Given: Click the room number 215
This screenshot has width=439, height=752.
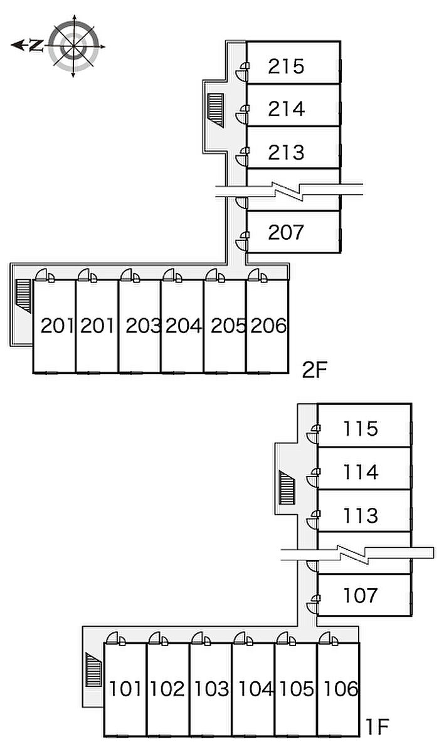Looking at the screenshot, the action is coord(286,66).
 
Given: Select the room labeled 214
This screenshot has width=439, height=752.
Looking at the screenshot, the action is coord(287,109).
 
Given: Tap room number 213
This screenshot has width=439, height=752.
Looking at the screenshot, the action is coord(286,152).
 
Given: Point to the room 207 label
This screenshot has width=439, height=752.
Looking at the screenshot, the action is coord(286,232).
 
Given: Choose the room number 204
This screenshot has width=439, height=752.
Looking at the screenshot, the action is coord(184,326).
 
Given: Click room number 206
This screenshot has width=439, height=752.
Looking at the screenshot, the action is coord(268,326).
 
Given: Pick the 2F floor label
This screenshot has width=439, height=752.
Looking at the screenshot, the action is coord(315,370).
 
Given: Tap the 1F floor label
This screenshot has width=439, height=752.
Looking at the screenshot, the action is coord(377,726).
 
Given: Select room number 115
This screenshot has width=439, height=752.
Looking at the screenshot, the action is coord(361,429).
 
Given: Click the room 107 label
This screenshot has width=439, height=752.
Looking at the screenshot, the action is coord(361,595).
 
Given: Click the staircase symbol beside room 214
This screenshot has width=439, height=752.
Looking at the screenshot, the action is coord(216,110).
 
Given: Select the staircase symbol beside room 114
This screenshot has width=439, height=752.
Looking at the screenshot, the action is coord(287,488).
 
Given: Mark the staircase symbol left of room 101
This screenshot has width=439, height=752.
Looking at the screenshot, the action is coord(93,669).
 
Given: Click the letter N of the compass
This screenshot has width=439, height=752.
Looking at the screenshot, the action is coord(36,45).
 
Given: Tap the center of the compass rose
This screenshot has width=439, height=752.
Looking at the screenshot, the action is coord(73,46).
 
